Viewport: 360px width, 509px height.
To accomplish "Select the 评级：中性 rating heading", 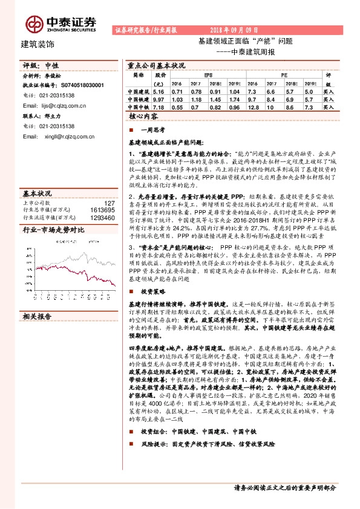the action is coord(41,66).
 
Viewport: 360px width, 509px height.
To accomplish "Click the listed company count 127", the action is coord(110,187).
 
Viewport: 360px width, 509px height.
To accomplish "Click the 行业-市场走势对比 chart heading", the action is coord(53,213).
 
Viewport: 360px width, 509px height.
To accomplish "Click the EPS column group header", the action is coord(208,74).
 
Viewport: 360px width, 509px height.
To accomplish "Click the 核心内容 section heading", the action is coord(143,116).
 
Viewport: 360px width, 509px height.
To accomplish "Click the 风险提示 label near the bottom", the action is coord(152,444).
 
